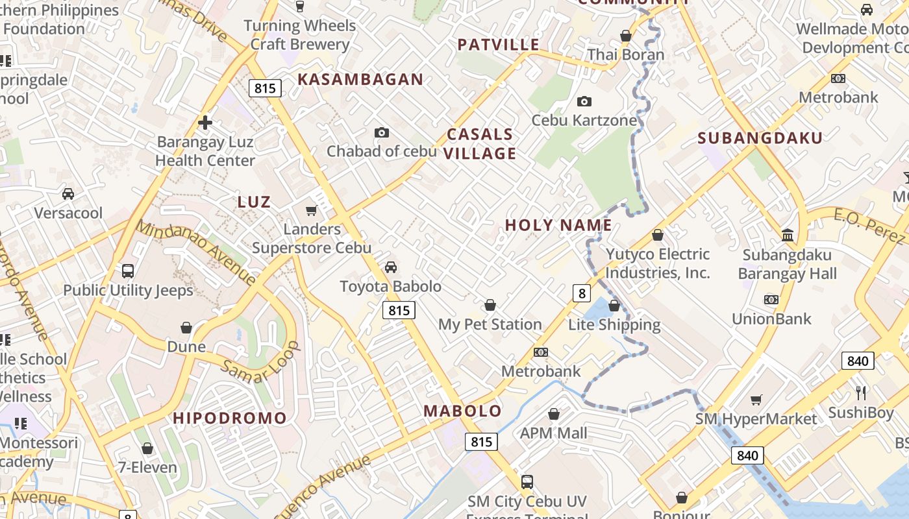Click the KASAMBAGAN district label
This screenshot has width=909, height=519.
[x=360, y=80]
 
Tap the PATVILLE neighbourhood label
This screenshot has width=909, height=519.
[x=499, y=45]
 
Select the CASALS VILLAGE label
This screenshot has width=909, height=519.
[x=480, y=144]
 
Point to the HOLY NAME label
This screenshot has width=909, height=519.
[x=558, y=225]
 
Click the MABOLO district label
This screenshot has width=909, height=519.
[x=462, y=411]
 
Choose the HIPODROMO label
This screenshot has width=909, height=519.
[x=230, y=418]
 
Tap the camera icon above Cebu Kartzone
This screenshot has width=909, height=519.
[x=584, y=102]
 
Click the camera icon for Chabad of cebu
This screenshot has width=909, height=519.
[x=382, y=133]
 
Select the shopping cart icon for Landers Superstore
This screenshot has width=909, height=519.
[x=312, y=211]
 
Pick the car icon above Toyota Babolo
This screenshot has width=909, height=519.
[x=391, y=267]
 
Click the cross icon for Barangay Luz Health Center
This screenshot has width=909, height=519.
[x=205, y=123]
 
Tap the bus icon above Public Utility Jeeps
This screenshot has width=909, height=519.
[x=128, y=271]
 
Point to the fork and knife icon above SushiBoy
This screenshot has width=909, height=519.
[x=861, y=393]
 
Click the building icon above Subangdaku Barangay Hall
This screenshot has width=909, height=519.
[x=788, y=235]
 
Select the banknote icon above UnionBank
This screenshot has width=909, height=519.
[x=771, y=300]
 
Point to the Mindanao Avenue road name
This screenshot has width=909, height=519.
[x=196, y=253]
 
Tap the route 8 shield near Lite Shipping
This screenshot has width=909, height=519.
[x=582, y=293]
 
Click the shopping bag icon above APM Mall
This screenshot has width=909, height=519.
[x=554, y=414]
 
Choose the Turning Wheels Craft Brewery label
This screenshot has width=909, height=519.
[x=300, y=35]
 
